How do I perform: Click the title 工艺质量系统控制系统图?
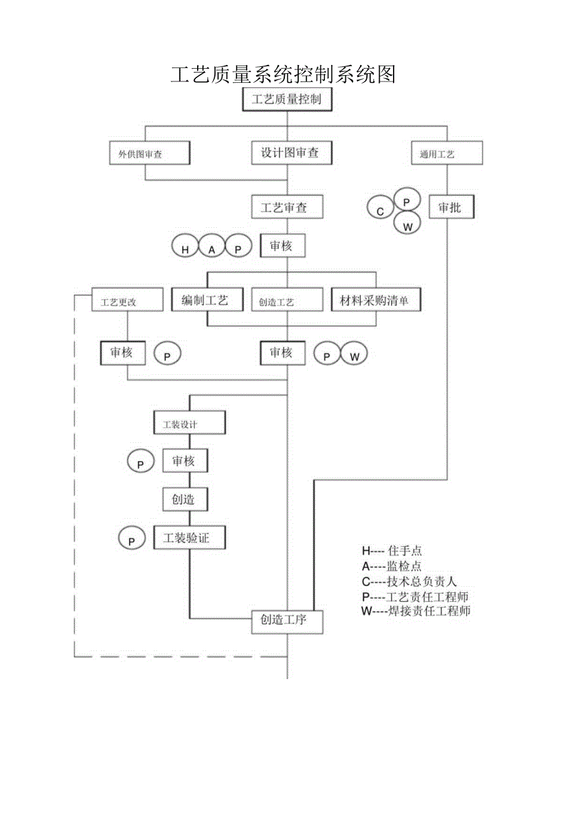tap(283, 75)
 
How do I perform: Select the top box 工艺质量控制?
tap(287, 100)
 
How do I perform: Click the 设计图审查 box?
tap(290, 153)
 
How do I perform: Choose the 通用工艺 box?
tap(446, 153)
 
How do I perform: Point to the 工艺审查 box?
tap(287, 207)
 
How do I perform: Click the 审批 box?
tap(451, 207)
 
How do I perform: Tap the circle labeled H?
tap(186, 247)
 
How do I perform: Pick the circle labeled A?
tap(212, 247)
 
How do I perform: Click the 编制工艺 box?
tap(207, 300)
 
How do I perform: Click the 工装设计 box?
tap(189, 423)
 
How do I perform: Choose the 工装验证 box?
tap(190, 538)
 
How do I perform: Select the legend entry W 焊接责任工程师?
tap(416, 612)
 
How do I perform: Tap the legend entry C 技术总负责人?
tap(409, 582)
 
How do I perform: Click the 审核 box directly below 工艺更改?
tap(123, 353)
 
